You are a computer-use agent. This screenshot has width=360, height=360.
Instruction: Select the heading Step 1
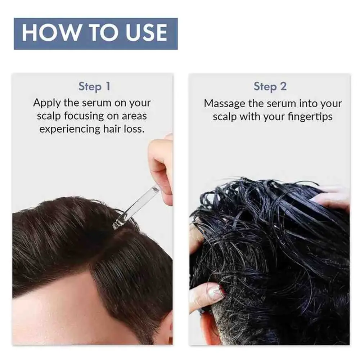pos(94,87)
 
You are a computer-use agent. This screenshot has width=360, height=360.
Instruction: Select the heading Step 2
pos(270,87)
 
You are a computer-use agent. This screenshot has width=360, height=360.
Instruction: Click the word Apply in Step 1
pos(47,103)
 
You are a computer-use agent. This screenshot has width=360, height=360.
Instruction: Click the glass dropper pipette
pos(137,206)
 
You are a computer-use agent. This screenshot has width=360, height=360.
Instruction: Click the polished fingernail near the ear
pos(216,292)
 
